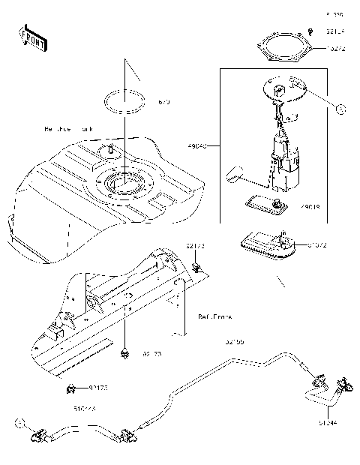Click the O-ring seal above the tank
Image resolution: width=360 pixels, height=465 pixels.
124,100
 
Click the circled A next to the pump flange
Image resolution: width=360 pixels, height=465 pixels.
340,109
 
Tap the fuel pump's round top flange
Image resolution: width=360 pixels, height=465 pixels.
284,91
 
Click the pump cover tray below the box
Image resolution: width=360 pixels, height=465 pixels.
266,245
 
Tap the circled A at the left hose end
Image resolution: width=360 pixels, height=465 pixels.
18,424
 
